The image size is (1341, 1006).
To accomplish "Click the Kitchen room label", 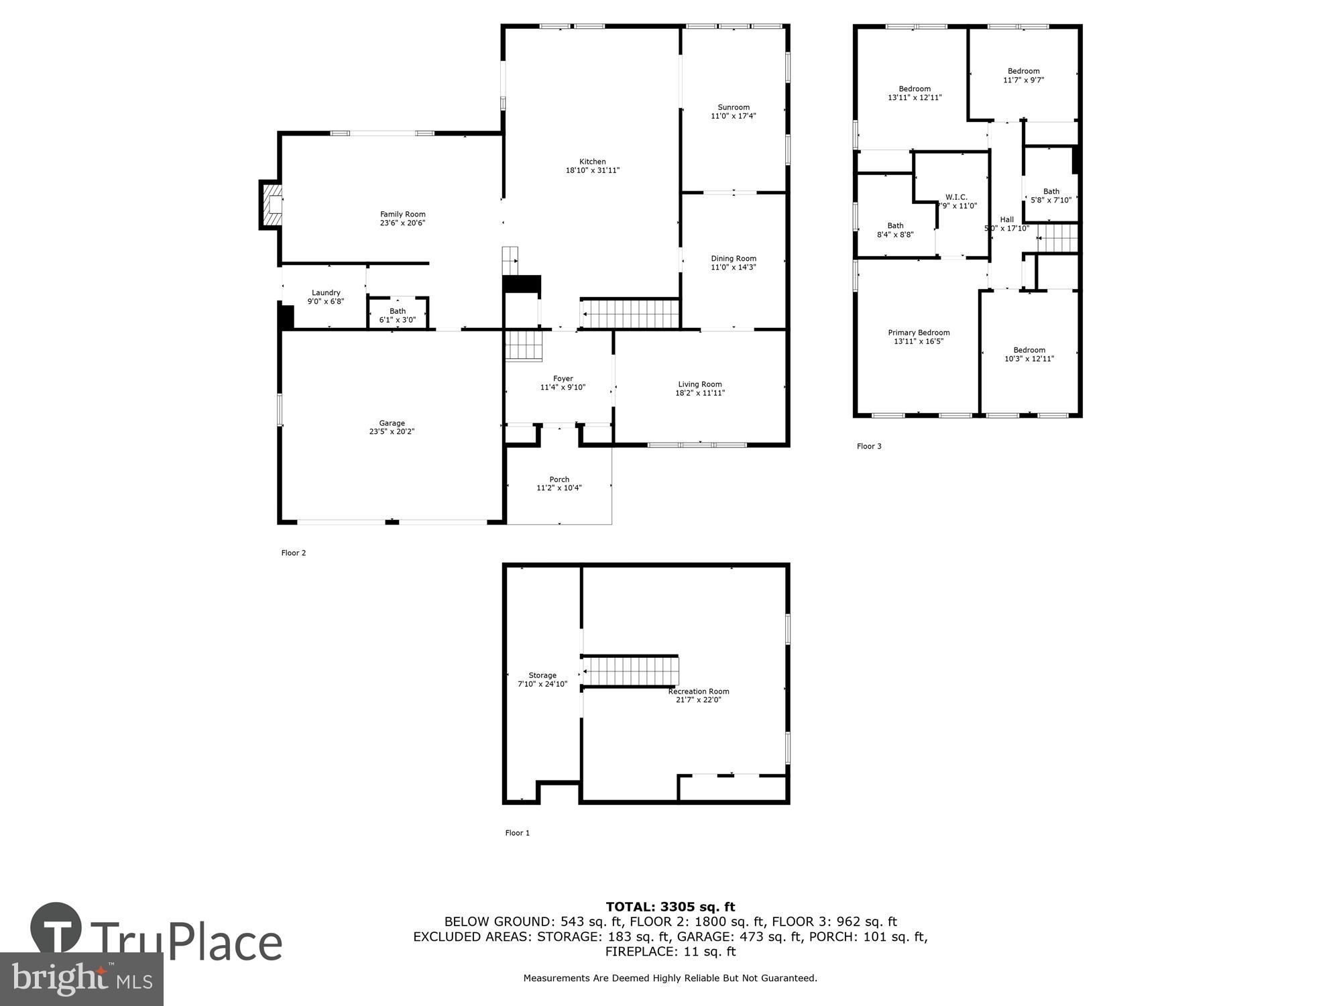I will point(592,162).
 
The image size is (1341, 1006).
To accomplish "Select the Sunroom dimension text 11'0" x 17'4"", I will point(734,116).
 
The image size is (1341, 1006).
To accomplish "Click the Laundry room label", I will point(326,292).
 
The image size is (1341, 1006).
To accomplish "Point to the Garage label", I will point(392,423).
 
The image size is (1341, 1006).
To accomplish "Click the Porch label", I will point(559,480).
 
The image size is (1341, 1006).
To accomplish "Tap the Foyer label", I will point(563,379).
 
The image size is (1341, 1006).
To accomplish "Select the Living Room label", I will point(699,384).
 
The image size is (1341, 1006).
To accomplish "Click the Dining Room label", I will point(734,258).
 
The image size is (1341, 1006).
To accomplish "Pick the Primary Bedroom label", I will point(919,333).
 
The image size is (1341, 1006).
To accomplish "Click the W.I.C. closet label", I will point(956,197).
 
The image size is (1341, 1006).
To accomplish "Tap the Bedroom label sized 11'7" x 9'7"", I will point(1023,71).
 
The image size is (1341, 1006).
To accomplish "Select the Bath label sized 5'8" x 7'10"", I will point(1051,192).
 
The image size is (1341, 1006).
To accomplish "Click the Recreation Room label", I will point(698,691).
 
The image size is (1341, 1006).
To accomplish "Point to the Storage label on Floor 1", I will point(542,675).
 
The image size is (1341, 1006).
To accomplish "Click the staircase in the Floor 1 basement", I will point(630,671).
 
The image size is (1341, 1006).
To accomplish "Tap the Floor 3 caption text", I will point(869,446).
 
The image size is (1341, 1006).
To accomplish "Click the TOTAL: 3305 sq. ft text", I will point(670,907).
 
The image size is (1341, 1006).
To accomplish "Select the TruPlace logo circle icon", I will point(56,929).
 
